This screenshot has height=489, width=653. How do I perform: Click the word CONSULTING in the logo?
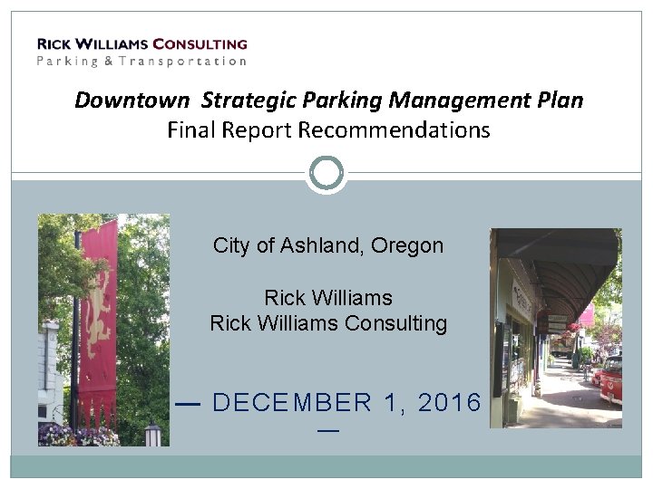coord(200,43)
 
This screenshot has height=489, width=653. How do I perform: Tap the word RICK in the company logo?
coord(54,43)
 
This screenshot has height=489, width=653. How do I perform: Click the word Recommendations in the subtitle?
coord(394,130)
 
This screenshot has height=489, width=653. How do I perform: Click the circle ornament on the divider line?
coord(326,172)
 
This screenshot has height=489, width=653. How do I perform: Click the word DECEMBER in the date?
coord(291,403)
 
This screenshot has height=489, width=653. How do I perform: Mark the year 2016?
coord(449,403)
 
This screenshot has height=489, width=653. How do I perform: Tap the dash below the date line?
coord(327,431)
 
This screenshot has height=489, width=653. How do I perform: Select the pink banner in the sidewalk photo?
coord(587,314)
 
